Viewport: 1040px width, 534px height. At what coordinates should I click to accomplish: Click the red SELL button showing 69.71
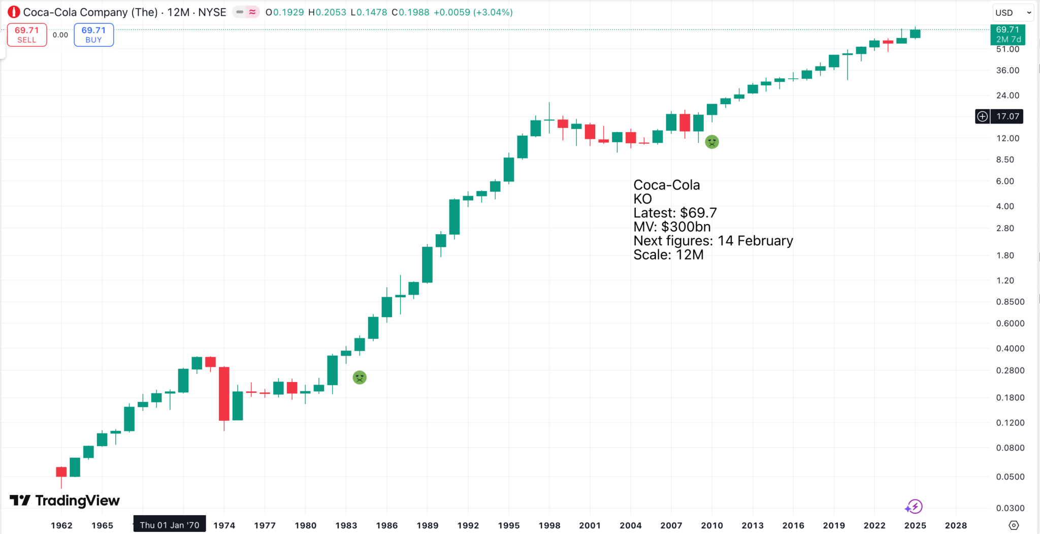27,35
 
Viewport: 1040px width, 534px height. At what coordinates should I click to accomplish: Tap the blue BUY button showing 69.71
93,35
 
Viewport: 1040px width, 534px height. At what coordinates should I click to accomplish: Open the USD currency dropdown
1013,13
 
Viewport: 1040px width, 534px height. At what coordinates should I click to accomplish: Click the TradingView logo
65,501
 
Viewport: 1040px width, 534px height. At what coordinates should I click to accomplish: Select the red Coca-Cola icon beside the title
14,12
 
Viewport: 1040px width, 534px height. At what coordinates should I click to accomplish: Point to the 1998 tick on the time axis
549,525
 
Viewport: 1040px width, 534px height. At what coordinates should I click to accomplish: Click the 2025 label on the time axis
915,525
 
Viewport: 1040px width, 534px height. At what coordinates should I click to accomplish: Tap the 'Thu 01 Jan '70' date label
170,525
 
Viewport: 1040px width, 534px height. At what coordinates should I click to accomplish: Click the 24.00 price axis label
1007,96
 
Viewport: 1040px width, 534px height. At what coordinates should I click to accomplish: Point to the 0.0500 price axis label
1010,477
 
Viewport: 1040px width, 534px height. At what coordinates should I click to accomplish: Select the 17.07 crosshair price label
1007,116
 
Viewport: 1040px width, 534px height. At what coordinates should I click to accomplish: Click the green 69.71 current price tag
1007,35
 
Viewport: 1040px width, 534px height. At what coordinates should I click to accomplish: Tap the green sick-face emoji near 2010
712,142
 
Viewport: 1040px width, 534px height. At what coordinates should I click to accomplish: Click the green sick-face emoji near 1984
360,378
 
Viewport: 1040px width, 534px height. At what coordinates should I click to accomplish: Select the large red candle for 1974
224,393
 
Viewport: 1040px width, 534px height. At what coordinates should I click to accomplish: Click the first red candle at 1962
61,472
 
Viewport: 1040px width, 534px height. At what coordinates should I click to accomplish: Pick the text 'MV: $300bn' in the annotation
672,227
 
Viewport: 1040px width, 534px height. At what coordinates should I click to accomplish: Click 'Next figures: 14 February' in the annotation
713,241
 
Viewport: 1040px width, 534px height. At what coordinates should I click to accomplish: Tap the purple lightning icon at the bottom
914,507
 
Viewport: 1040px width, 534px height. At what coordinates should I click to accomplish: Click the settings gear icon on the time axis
1014,525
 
